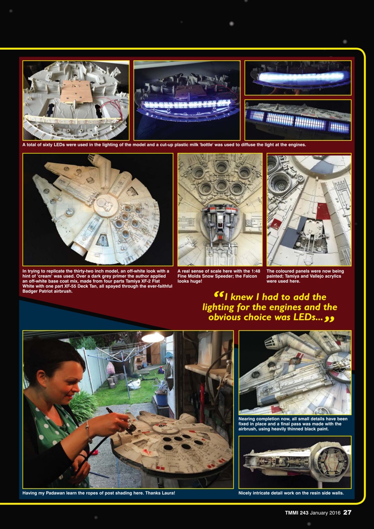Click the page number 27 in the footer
tap(347, 512)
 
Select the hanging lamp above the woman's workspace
tap(153, 337)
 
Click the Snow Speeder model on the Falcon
tap(220, 223)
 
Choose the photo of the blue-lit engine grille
tap(298, 120)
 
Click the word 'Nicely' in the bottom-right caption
tap(246, 493)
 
